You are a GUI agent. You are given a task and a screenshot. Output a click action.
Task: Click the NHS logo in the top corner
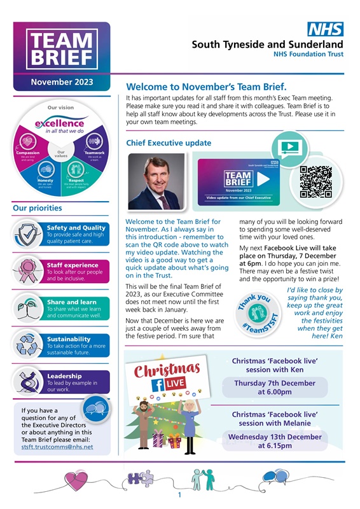point(326,29)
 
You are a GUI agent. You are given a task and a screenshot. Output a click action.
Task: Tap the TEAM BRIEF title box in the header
point(53,50)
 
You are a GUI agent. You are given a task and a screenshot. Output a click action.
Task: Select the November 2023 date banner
point(62,82)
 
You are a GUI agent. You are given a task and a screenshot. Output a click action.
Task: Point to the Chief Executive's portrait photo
point(155,181)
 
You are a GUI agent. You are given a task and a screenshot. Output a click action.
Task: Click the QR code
point(315,182)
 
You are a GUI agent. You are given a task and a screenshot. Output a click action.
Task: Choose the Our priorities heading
point(38,207)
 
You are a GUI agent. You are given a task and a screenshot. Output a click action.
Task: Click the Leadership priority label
point(64,376)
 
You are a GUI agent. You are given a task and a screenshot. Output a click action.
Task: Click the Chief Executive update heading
point(169,143)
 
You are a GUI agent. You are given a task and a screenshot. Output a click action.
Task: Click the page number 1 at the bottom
point(180,494)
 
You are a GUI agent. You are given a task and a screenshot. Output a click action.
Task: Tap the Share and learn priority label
point(72,302)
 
